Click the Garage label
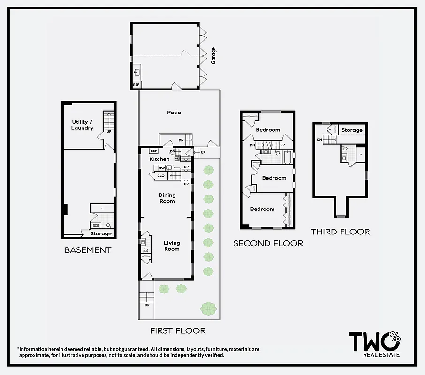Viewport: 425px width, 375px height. tap(213, 55)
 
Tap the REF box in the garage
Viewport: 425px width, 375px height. tap(136, 85)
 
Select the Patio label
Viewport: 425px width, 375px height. tap(174, 112)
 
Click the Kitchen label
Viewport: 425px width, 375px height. tap(159, 159)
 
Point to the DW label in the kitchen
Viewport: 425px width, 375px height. tap(162, 168)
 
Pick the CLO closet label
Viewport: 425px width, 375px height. tap(161, 176)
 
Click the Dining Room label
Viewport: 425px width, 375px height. tap(167, 198)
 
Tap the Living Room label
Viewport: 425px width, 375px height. tap(172, 246)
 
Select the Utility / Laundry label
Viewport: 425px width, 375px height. tap(82, 125)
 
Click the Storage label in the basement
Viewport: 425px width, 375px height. tap(101, 233)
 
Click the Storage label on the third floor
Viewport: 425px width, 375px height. tap(352, 130)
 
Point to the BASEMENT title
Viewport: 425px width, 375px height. tap(88, 250)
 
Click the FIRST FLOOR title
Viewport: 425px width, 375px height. tap(178, 331)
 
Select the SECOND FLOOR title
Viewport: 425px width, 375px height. tap(268, 243)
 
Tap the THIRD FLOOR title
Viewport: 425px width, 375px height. tap(340, 232)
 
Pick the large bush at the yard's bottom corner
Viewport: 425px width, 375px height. tap(208, 308)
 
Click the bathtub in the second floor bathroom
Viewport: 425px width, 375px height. tap(287, 158)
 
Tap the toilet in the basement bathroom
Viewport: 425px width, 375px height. tap(108, 225)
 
